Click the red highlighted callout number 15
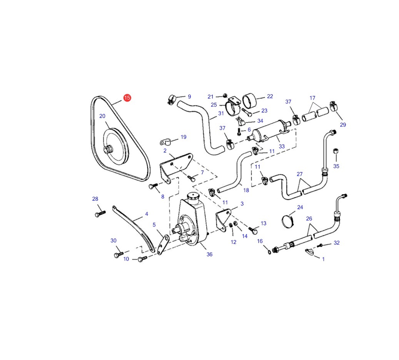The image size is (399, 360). pyautogui.click(x=127, y=98)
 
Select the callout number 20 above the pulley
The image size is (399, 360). pyautogui.click(x=102, y=116)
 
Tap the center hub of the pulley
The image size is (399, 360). pyautogui.click(x=108, y=150)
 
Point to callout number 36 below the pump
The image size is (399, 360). pyautogui.click(x=209, y=254)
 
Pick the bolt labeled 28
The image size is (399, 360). pyautogui.click(x=100, y=214)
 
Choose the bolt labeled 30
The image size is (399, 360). pyautogui.click(x=119, y=255)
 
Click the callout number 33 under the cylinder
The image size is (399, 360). pyautogui.click(x=282, y=146)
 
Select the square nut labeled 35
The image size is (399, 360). pyautogui.click(x=336, y=151)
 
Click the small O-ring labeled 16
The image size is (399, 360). pyautogui.click(x=269, y=252)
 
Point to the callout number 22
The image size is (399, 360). pyautogui.click(x=270, y=96)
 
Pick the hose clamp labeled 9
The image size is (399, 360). pyautogui.click(x=172, y=99)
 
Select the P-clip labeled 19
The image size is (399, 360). pyautogui.click(x=165, y=142)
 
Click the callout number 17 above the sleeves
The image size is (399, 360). pyautogui.click(x=312, y=98)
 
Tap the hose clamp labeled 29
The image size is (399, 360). pyautogui.click(x=333, y=106)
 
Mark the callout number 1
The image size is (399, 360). pyautogui.click(x=324, y=259)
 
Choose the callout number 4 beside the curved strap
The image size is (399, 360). pyautogui.click(x=147, y=214)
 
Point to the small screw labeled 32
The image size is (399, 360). pyautogui.click(x=320, y=245)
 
